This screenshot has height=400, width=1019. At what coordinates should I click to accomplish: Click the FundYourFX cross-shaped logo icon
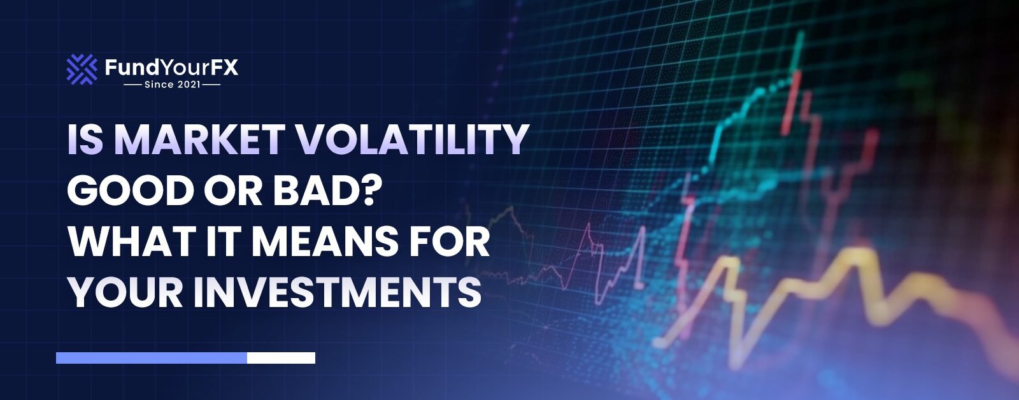(x=82, y=69)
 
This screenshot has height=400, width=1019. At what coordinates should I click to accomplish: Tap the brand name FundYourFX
(x=171, y=67)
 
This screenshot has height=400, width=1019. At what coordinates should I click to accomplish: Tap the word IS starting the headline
(x=85, y=139)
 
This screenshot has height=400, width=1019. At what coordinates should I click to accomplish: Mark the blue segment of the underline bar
(x=152, y=358)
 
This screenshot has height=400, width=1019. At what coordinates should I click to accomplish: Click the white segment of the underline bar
(x=281, y=358)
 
